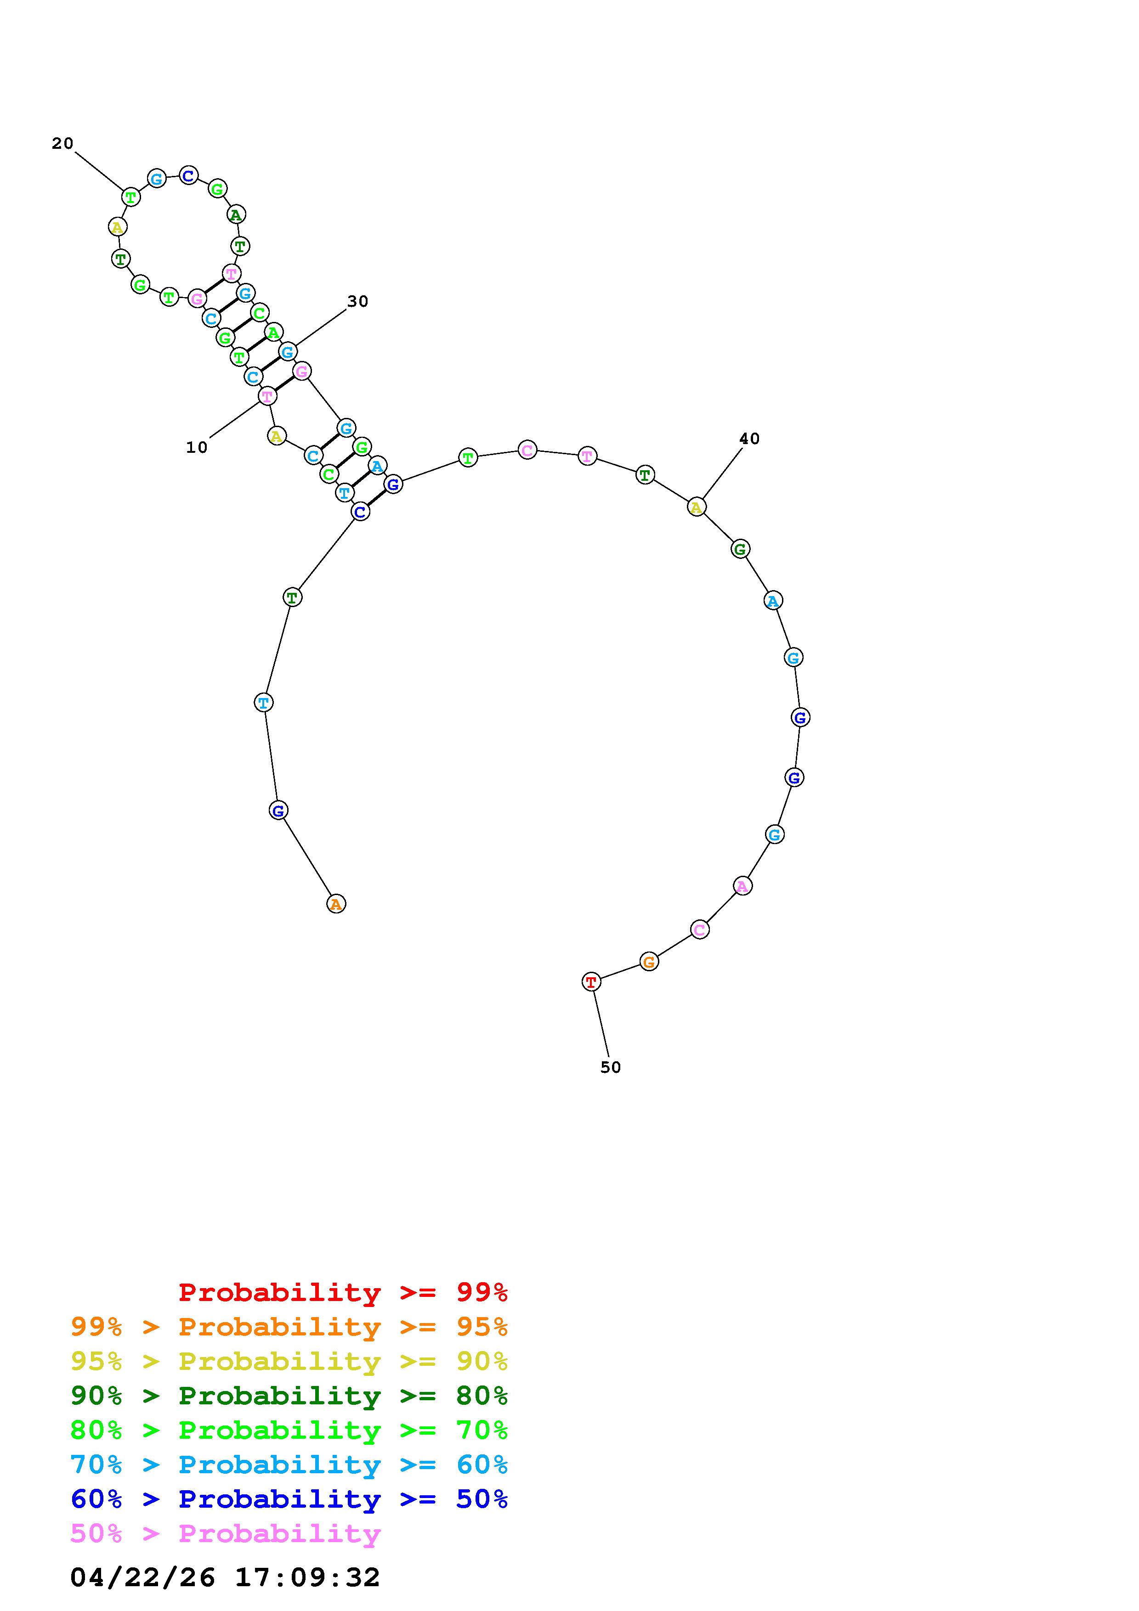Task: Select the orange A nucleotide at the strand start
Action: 336,904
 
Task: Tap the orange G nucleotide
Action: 649,962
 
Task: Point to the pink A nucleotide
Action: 742,886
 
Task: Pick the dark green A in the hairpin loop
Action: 236,215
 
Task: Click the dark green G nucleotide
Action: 740,549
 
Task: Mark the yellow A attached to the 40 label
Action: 696,507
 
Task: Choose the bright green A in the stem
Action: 274,332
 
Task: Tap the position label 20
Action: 62,143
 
